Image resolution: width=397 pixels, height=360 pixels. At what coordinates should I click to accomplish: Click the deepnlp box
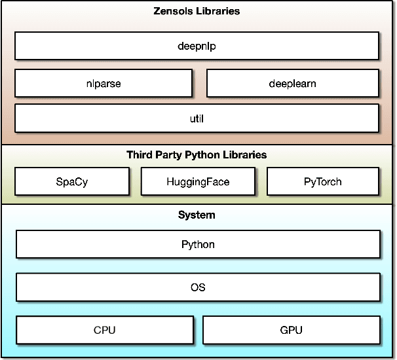tap(197, 46)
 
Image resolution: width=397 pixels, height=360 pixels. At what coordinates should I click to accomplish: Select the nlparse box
tap(104, 83)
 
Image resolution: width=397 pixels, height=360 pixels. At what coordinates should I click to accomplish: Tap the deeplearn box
tap(293, 83)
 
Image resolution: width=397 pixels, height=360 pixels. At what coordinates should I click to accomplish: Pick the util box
tap(197, 118)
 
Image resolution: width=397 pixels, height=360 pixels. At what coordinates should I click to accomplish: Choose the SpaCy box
tap(72, 181)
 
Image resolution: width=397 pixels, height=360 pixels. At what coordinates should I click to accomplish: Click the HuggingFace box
tap(198, 181)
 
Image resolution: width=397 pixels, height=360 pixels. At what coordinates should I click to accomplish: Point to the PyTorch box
tap(323, 181)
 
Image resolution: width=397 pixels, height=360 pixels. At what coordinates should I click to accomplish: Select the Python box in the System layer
tap(198, 244)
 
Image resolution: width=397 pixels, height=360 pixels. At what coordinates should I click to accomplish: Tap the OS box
tap(198, 287)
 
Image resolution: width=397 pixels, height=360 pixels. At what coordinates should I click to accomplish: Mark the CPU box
tap(104, 330)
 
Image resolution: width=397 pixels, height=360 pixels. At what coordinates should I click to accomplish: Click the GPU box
tap(292, 330)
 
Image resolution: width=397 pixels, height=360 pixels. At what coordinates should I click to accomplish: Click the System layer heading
tap(197, 215)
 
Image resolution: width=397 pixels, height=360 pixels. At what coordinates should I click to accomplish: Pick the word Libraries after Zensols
tap(219, 11)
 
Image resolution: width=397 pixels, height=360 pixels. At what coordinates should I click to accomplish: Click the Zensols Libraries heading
tap(197, 11)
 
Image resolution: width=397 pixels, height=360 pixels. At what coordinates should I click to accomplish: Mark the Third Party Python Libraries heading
tap(197, 155)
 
